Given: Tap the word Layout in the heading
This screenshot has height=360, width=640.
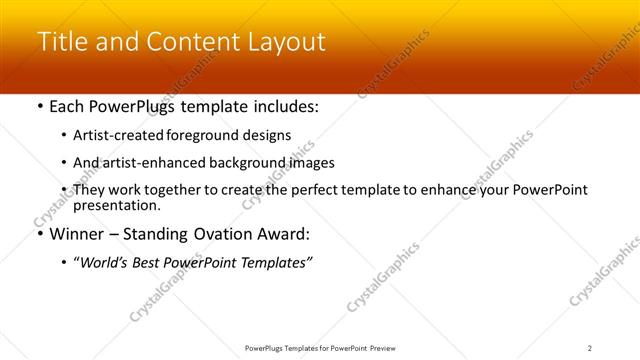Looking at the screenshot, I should point(290,42).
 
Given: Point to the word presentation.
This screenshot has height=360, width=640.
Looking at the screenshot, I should point(117,205).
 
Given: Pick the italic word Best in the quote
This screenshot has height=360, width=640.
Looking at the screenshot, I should point(149,262).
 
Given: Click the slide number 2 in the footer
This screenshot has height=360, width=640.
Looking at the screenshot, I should point(589,347).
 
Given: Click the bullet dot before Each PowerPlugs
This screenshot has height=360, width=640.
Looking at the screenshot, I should point(39,107).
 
